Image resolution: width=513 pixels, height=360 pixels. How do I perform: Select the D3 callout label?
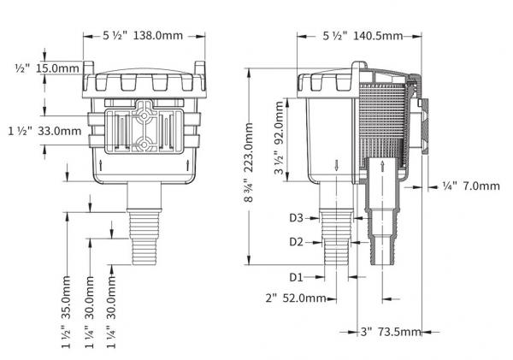click(296, 219)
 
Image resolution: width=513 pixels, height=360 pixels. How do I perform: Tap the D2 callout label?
click(296, 242)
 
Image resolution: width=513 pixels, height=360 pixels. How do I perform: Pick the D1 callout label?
click(296, 277)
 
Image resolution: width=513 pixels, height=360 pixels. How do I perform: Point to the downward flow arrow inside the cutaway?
click(341, 165)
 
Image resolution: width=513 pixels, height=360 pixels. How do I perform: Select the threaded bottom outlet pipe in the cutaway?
click(380, 257)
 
